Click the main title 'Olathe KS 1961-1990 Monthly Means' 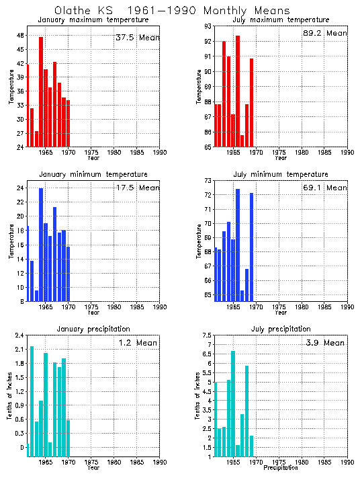[172, 11]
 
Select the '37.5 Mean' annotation [137, 38]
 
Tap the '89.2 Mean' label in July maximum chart [325, 33]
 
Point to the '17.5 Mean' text [137, 188]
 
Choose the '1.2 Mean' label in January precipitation [136, 343]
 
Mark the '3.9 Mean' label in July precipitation [324, 343]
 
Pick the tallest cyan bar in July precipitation [233, 403]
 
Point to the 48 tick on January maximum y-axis [20, 35]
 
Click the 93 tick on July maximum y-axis [208, 26]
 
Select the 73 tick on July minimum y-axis [208, 181]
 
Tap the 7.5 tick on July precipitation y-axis [206, 335]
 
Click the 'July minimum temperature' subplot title [281, 175]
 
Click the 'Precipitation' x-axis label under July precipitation [281, 467]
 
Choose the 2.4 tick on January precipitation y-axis [19, 335]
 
